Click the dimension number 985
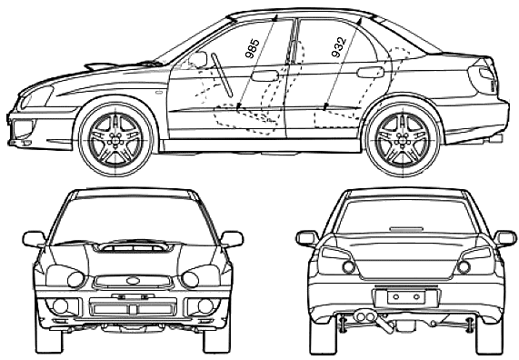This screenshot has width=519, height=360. coord(252,48)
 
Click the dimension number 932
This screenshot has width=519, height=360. coord(339,47)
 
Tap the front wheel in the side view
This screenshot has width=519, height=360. coord(115,138)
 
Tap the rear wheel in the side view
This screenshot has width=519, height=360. coord(403,138)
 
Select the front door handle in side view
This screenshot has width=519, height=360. coord(264,75)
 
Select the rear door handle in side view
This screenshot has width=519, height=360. coord(371,72)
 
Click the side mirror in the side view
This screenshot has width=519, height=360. coord(198,60)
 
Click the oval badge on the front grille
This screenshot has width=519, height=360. coord(134,281)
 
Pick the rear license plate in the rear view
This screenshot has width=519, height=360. coord(406,296)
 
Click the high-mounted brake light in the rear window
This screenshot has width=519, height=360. coord(406,228)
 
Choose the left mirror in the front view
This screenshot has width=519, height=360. coord(35,239)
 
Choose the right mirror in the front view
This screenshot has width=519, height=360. coord(232,239)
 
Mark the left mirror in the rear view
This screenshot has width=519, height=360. coord(307,238)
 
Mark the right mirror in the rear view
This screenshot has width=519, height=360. coord(504,238)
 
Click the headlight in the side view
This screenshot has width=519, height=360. coord(36,96)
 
